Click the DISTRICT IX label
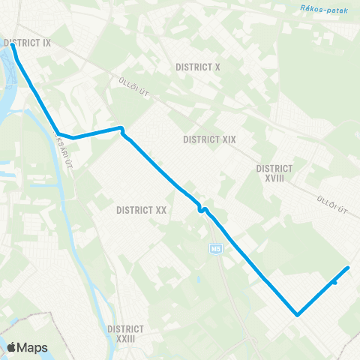27,43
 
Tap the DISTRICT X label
198,67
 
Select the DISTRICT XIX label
210,139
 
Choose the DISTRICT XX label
142,211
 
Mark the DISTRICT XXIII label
125,334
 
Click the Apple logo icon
12,347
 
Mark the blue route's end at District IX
13,46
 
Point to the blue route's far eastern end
349,268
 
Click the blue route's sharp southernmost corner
297,315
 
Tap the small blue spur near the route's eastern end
334,283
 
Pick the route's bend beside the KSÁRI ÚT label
59,134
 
